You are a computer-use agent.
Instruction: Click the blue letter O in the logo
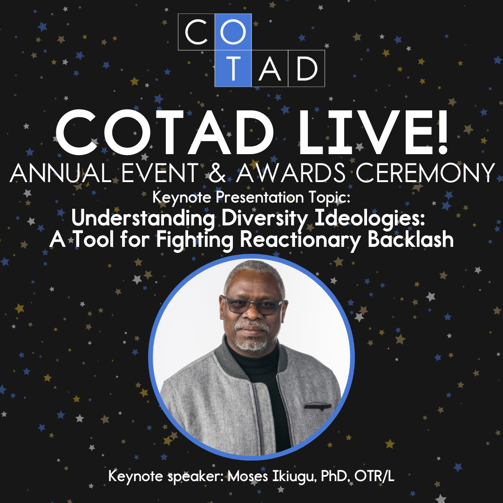(x=233, y=32)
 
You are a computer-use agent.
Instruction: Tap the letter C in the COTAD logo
(x=197, y=32)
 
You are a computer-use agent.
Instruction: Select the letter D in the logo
(x=306, y=68)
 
